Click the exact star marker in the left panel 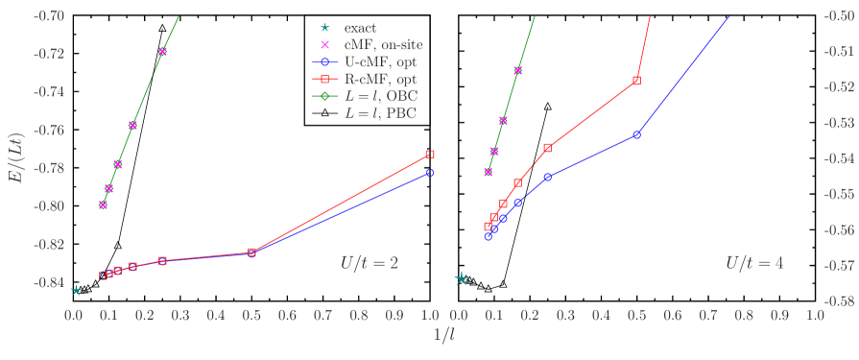pyautogui.click(x=76, y=290)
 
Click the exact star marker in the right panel pyautogui.click(x=462, y=278)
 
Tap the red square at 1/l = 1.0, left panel pyautogui.click(x=430, y=155)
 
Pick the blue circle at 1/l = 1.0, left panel pyautogui.click(x=430, y=173)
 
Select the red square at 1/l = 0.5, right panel pyautogui.click(x=636, y=81)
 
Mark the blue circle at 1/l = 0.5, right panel pyautogui.click(x=636, y=134)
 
